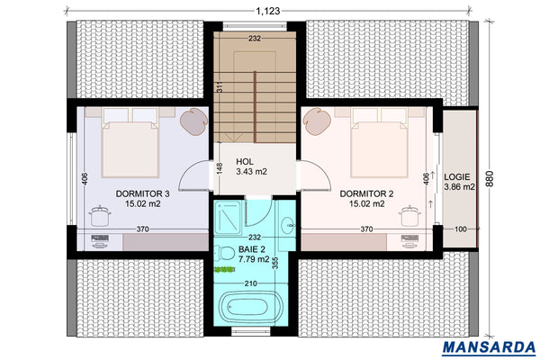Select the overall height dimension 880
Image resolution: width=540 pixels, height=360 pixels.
click(x=490, y=178)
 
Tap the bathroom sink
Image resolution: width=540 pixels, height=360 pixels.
click(x=286, y=225)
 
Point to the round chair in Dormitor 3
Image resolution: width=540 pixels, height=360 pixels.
click(x=193, y=120)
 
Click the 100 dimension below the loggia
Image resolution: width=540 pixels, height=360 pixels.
click(x=459, y=230)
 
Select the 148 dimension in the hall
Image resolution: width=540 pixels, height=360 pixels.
click(x=219, y=168)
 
